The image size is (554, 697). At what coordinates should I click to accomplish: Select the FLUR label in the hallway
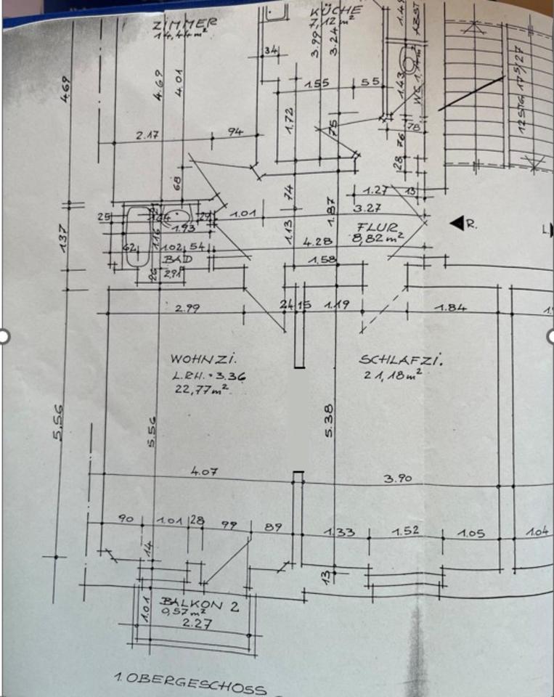(374, 227)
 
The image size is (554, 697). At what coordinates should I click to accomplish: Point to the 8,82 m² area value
(378, 237)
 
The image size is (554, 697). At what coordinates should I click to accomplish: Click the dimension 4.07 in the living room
(202, 471)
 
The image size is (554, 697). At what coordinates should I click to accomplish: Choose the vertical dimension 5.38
(328, 421)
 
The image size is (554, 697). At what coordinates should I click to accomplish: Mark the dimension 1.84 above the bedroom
(450, 308)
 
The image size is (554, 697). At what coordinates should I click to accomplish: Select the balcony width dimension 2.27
(192, 622)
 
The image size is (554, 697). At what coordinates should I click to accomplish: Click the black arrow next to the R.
(457, 224)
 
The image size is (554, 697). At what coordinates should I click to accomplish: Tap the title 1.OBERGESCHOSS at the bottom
(190, 682)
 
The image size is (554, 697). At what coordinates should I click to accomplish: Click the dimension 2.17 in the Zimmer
(147, 134)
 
